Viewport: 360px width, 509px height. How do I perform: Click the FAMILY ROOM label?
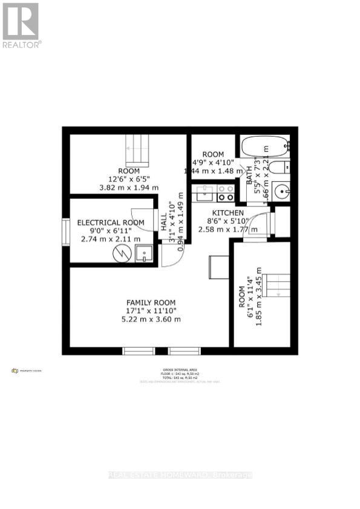coord(151,302)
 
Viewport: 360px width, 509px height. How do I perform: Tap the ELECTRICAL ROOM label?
coord(111,222)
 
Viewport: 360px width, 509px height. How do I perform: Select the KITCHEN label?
coord(227,213)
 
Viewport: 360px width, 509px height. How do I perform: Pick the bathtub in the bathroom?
coord(264,147)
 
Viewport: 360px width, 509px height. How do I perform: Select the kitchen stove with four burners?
coord(226,193)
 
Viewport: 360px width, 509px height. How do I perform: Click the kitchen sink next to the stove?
coord(204,193)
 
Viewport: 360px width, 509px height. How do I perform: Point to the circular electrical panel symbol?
coord(123,253)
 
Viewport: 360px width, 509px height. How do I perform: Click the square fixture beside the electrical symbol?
coord(144,254)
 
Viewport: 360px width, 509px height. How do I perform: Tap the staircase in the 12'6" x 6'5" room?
coord(137,151)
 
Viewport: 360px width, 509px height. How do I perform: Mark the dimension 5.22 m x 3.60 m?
coord(151,319)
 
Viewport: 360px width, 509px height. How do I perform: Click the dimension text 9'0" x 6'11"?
coord(111,231)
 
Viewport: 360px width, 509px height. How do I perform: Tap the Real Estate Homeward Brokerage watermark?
coord(180,475)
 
